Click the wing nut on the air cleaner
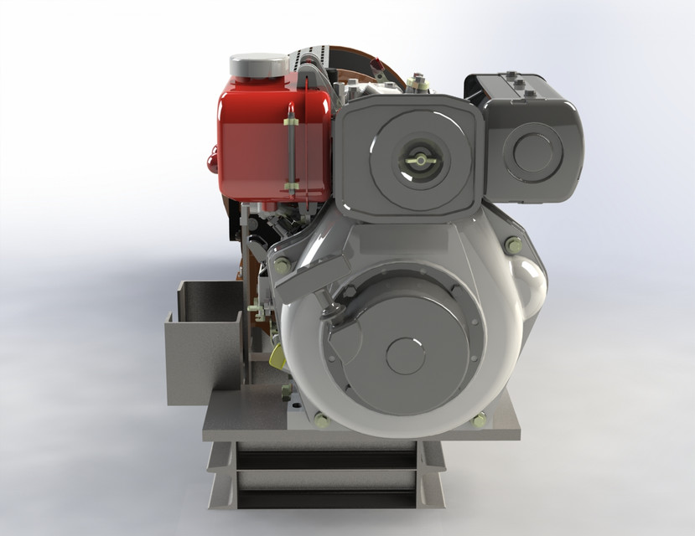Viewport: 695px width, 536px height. [413, 157]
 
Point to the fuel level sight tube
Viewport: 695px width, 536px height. [292, 155]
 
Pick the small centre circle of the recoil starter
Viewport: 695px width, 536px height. [406, 355]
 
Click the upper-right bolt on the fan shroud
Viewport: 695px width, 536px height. [512, 245]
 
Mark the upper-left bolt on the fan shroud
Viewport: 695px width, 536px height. [282, 265]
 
